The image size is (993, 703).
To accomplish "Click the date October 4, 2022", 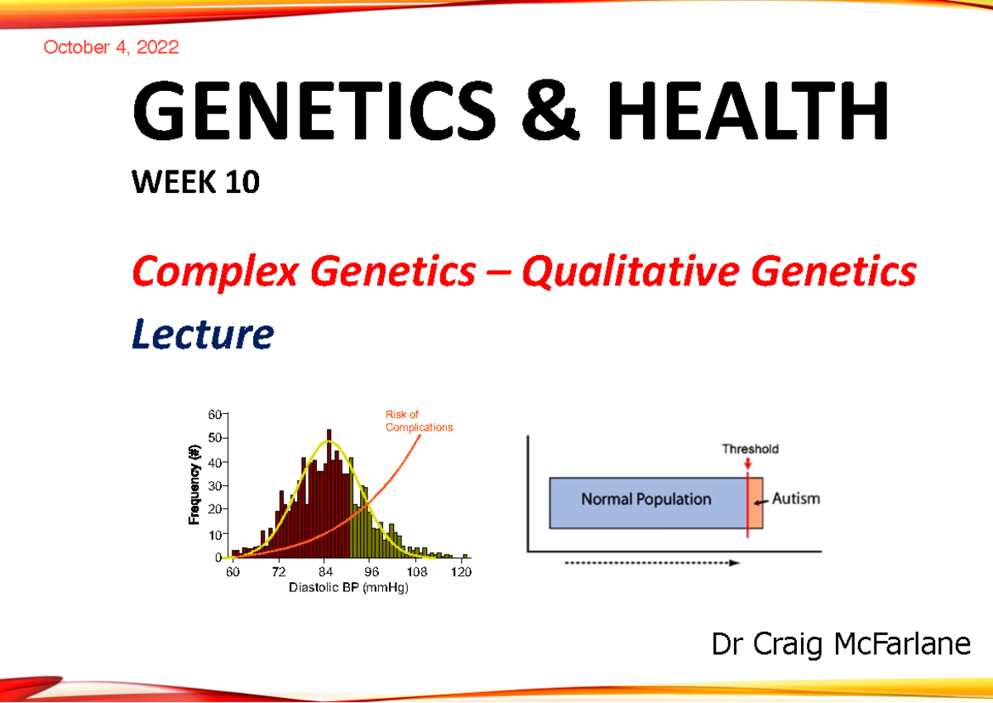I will (x=111, y=47).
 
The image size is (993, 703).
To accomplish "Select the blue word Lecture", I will (x=202, y=334).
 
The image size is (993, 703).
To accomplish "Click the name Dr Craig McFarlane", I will (x=841, y=643).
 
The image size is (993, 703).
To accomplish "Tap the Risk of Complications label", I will (x=419, y=421).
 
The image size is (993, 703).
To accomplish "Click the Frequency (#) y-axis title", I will (x=195, y=484).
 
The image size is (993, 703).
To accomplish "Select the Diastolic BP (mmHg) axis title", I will (x=348, y=588).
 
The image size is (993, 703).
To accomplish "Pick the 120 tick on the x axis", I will (x=463, y=572).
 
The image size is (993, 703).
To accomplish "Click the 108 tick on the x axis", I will (x=417, y=572).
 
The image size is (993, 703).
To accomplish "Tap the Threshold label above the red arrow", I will (x=750, y=450).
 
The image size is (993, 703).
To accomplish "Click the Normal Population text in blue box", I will (x=645, y=499).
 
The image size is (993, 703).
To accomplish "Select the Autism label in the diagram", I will (x=795, y=499).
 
